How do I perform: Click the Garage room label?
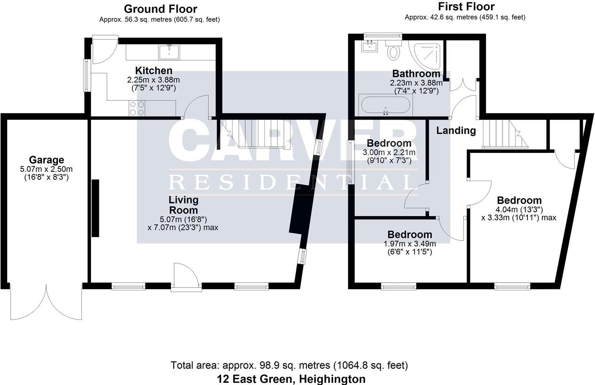(46, 160)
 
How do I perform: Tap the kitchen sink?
(169, 52)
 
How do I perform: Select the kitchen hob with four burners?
(136, 108)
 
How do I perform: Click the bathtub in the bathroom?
(385, 105)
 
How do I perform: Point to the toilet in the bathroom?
(394, 50)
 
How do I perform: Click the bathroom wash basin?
(370, 45)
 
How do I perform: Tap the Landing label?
(456, 130)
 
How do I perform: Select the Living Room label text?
(183, 205)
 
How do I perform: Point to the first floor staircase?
(505, 134)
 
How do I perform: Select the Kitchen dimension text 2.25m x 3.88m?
(153, 80)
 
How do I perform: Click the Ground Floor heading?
(160, 9)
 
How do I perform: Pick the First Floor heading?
(466, 7)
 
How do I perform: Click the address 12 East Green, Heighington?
(291, 379)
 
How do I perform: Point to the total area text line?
(289, 365)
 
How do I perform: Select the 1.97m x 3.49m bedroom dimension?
(409, 244)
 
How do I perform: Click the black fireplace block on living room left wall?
(96, 208)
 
